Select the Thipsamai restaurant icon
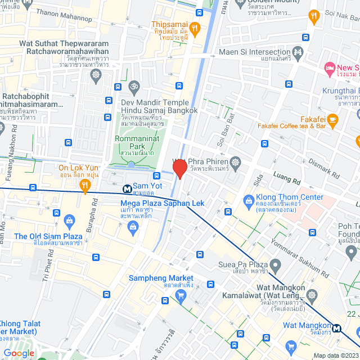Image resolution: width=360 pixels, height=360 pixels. pyautogui.click(x=194, y=28)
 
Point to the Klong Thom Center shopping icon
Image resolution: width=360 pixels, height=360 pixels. pyautogui.click(x=248, y=200)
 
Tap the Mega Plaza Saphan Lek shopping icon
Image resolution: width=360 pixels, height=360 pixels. pyautogui.click(x=134, y=227)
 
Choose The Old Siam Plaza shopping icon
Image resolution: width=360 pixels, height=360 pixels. pyautogui.click(x=69, y=220)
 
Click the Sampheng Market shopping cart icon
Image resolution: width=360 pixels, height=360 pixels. pyautogui.click(x=181, y=296)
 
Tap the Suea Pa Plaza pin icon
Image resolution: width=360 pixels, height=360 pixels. pyautogui.click(x=275, y=264)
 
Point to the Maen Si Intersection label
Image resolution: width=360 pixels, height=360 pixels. pyautogui.click(x=254, y=53)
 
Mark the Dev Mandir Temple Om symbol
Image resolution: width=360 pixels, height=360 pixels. pyautogui.click(x=133, y=87)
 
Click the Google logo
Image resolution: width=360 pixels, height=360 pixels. pyautogui.click(x=19, y=353)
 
